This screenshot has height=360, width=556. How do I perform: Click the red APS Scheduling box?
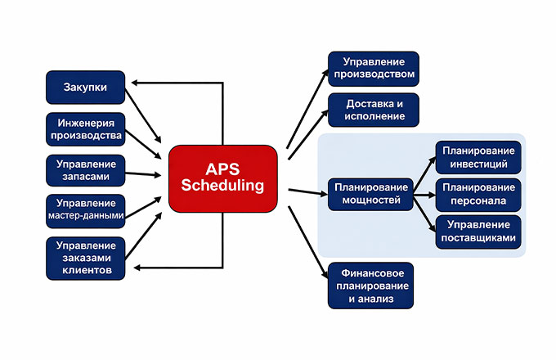[223, 177]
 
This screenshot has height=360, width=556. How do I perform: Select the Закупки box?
[85, 87]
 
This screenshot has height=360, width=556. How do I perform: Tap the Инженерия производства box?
[85, 129]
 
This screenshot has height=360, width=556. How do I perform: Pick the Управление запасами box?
[85, 170]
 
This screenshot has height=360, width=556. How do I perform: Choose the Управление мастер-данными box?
[85, 210]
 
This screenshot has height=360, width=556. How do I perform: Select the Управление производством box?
[373, 69]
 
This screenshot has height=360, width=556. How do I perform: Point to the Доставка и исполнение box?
[373, 110]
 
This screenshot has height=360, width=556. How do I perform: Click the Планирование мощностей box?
[370, 194]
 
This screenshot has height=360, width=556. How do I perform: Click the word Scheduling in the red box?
[223, 186]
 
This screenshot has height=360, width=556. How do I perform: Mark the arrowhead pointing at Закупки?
[136, 83]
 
